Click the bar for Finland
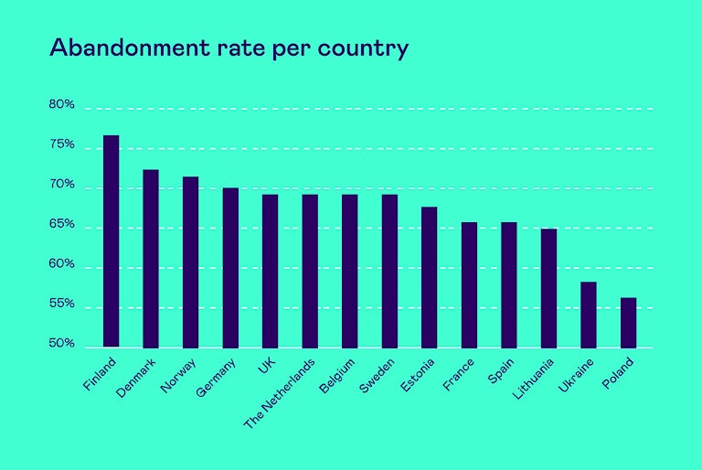point(111,241)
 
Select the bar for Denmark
point(151,259)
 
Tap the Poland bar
point(628,323)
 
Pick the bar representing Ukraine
point(589,315)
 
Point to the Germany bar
point(230,268)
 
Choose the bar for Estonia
point(430,277)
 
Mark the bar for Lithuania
point(548,288)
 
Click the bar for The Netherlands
point(310,271)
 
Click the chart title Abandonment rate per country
point(229,48)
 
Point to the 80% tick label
point(61,105)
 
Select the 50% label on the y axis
point(61,344)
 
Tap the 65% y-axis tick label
point(61,225)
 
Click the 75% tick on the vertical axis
point(61,145)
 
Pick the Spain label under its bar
point(501,370)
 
